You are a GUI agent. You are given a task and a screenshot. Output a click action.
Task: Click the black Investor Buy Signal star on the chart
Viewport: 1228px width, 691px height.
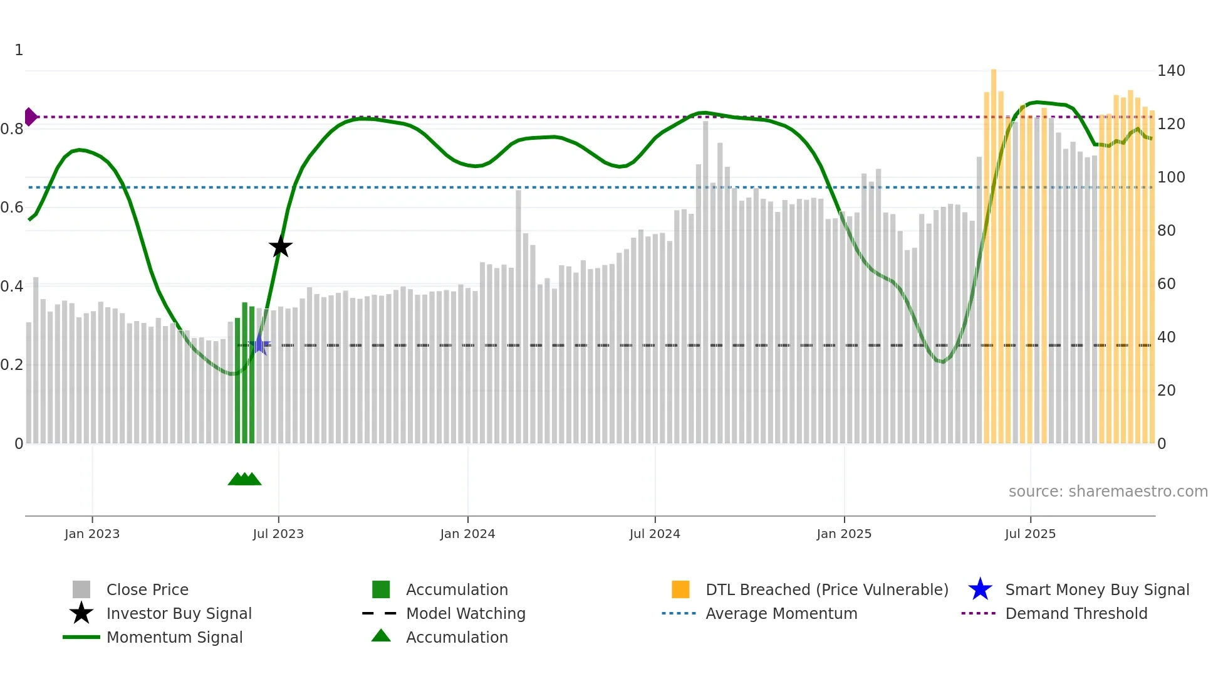[281, 246]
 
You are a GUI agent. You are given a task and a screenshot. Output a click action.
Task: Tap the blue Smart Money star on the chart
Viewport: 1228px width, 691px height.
[260, 344]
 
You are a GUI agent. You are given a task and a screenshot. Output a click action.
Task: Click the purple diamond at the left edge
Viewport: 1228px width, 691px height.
[30, 117]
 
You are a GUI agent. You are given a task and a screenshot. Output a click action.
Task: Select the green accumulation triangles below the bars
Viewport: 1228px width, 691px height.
[244, 479]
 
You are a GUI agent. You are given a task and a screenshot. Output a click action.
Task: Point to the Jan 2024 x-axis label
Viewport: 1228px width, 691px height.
[467, 534]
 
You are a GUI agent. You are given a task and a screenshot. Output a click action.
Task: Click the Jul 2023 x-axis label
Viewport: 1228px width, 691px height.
[278, 534]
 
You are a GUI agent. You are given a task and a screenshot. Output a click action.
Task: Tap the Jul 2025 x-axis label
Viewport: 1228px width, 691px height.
[1030, 534]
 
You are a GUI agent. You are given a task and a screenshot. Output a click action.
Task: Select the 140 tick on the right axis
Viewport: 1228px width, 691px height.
[1170, 71]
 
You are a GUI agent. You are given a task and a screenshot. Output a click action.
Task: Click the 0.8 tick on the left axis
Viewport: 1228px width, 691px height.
[12, 129]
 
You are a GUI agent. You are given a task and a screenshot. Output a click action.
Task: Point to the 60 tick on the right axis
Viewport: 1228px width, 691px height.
[1167, 284]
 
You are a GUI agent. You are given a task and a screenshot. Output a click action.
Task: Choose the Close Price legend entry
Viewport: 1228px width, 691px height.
[147, 589]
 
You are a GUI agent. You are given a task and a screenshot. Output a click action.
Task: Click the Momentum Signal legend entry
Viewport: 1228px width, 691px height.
[174, 637]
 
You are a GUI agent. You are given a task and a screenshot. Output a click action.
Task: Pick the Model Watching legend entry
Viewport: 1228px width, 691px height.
[466, 613]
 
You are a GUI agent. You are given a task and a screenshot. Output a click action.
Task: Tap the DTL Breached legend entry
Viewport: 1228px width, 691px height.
[826, 589]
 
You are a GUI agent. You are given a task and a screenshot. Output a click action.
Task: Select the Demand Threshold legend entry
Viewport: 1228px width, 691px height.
[1076, 613]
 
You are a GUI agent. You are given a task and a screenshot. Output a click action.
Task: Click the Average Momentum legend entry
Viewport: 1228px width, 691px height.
[781, 613]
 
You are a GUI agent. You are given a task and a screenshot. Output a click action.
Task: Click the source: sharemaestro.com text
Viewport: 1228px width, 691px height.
[1108, 491]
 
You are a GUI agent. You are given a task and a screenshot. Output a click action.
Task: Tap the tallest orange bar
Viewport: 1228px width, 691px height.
[994, 251]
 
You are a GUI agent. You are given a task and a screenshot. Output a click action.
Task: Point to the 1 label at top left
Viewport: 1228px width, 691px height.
[19, 50]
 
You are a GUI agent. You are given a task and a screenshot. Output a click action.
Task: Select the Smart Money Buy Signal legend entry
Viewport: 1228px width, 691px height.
[1096, 589]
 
